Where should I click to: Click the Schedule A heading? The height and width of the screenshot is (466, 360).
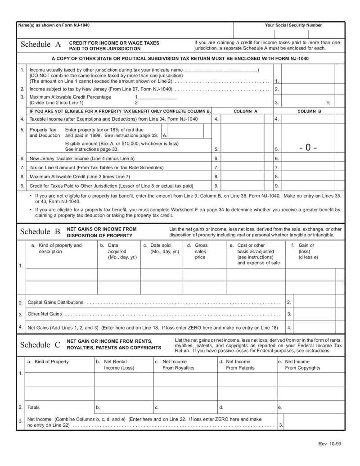coord(40,45)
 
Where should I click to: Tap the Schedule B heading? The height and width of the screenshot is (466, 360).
coord(40,232)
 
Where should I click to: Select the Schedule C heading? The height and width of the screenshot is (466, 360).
coord(40,345)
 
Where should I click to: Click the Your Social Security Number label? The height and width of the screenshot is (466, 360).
coord(293,25)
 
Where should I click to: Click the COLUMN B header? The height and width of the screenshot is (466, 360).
coord(309,111)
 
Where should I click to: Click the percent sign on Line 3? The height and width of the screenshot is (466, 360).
coord(328,103)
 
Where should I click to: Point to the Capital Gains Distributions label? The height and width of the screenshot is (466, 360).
coord(55,302)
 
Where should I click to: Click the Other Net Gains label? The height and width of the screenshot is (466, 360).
coord(45,314)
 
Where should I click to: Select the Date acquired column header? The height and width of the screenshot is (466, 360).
coord(117,251)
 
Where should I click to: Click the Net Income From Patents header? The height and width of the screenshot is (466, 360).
coord(238,365)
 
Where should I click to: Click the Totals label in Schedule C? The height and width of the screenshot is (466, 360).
coord(33,407)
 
